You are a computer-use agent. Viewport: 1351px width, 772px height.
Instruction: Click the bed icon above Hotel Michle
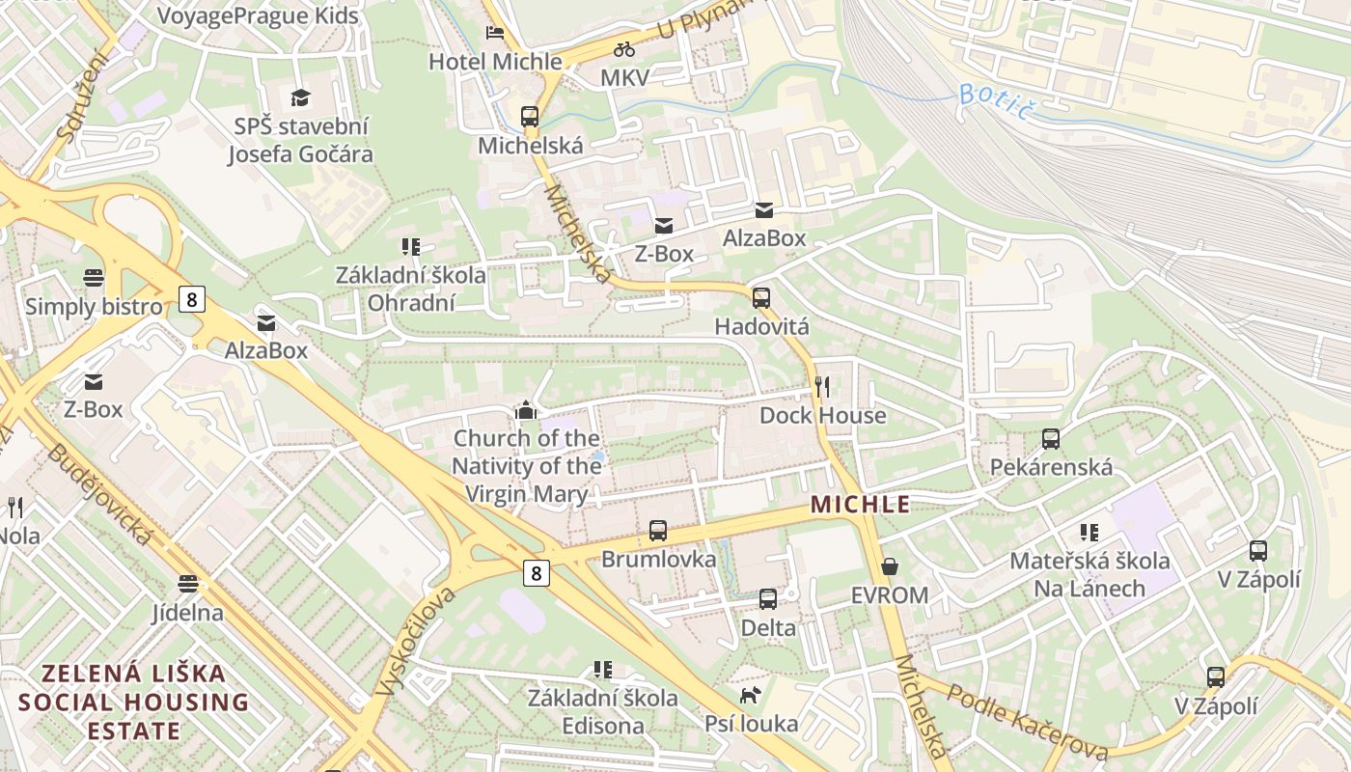[x=495, y=33]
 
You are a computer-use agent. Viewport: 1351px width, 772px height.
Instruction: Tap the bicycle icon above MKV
[x=624, y=49]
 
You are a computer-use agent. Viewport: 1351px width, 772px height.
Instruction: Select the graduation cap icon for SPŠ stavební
[x=300, y=97]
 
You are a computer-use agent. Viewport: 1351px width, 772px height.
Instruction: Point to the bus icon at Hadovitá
[x=761, y=298]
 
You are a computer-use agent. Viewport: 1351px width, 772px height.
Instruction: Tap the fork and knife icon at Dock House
[x=822, y=387]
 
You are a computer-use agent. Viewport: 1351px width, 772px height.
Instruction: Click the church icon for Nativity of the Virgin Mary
[x=526, y=410]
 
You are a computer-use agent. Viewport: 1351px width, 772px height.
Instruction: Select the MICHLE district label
[x=861, y=504]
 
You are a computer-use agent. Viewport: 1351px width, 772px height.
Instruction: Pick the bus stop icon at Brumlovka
[x=658, y=530]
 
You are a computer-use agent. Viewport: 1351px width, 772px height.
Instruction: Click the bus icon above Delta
[x=768, y=599]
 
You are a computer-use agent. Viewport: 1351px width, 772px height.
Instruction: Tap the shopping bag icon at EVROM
[x=890, y=566]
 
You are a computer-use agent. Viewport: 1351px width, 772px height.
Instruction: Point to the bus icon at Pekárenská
[x=1051, y=439]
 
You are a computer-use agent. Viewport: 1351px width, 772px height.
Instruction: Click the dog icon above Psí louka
[x=750, y=695]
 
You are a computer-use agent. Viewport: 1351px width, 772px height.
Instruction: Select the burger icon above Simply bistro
[x=94, y=278]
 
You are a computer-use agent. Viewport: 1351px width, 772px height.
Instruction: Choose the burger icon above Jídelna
[x=187, y=584]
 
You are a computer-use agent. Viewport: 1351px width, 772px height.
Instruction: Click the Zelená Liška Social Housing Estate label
[x=133, y=702]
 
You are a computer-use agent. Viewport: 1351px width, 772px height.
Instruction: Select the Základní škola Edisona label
[x=602, y=711]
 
